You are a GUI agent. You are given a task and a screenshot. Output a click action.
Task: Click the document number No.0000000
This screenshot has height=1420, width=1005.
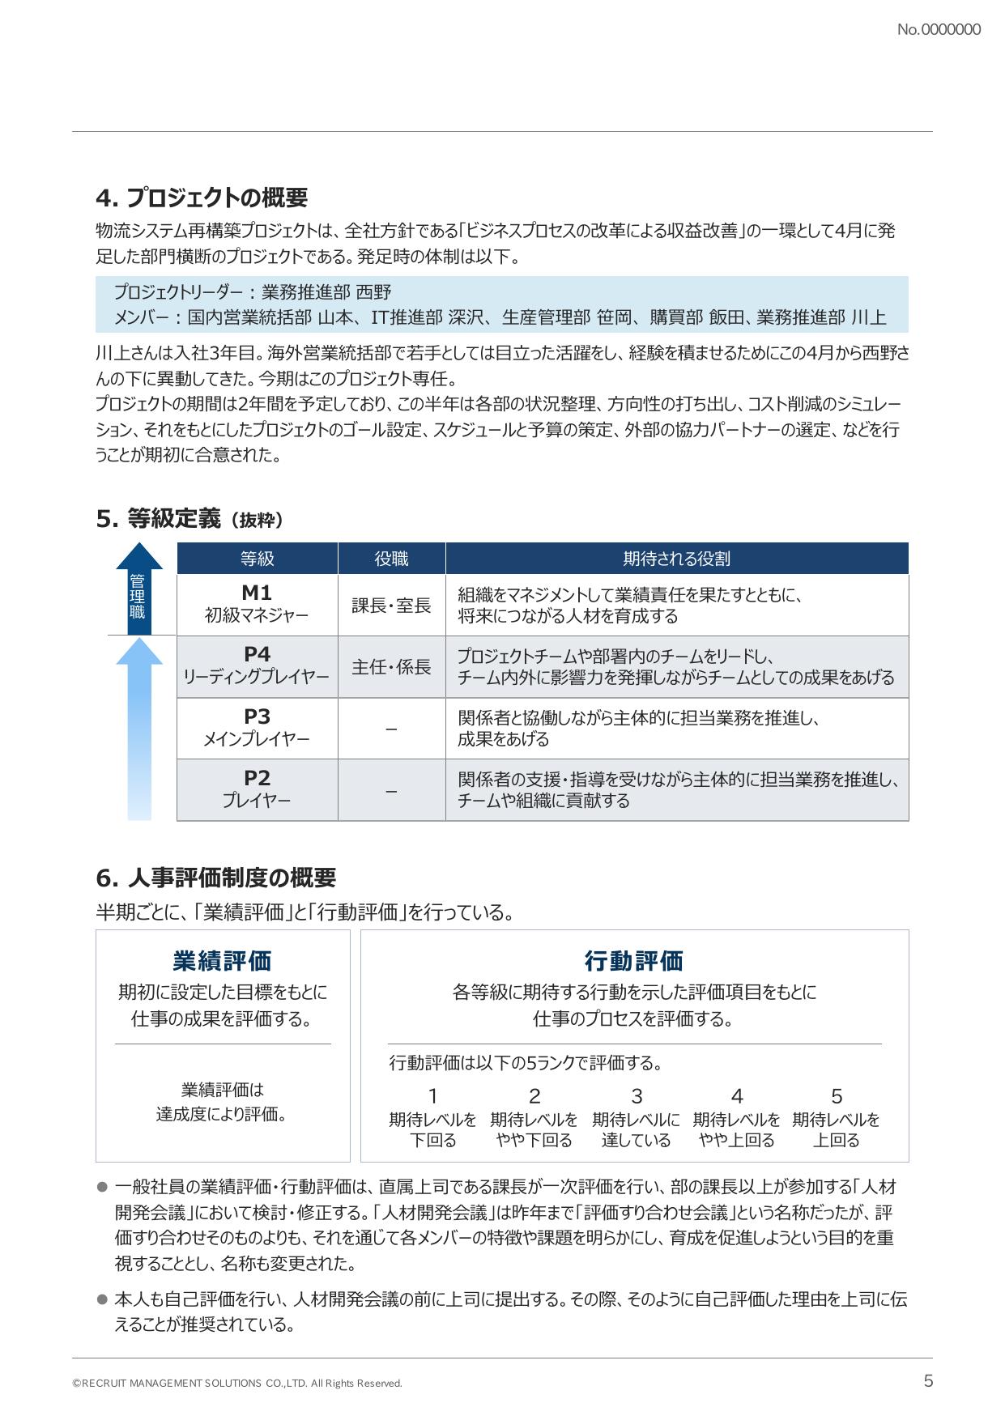pos(939,30)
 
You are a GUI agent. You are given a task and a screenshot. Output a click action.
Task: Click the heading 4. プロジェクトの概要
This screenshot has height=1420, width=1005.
pos(202,198)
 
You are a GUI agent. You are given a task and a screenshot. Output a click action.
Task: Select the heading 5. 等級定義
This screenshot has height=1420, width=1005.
pos(190,519)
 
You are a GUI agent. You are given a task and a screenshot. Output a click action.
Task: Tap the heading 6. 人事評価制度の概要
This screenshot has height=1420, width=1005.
pos(215,878)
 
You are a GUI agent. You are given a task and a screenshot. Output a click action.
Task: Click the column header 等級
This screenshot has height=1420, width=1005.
pos(257,559)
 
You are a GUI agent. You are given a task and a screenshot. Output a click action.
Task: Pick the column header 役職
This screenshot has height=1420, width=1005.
pos(391,559)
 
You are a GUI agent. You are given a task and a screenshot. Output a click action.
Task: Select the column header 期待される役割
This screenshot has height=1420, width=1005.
pos(676,559)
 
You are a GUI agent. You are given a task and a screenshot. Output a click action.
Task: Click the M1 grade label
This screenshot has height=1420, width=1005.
pos(257,593)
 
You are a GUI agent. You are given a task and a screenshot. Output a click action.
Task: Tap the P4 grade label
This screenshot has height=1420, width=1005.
pos(257,655)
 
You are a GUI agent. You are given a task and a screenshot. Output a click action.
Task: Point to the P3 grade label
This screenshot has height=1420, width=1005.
pos(257,716)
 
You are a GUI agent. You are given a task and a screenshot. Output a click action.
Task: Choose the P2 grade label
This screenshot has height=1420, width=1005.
pos(257,778)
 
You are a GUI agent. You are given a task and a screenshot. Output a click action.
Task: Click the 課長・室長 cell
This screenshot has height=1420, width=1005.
pos(391,606)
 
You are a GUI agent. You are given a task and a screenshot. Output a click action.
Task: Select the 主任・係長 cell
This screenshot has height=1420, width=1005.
pos(391,667)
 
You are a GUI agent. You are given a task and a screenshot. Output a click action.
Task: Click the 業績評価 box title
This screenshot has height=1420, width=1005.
pos(223,961)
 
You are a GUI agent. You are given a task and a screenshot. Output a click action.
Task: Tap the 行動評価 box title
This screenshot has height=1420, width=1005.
pos(634,961)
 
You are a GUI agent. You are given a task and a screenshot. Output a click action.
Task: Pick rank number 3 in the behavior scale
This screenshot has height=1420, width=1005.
pos(637,1096)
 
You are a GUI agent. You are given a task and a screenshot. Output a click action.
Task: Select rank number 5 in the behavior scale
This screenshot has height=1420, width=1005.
pos(837,1096)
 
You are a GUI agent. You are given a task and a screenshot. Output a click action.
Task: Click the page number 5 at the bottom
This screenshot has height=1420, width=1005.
pos(928,1381)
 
